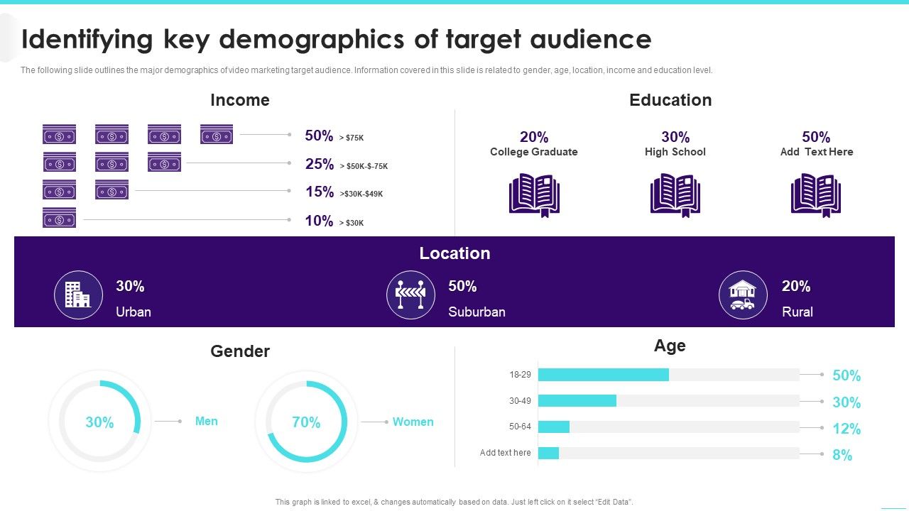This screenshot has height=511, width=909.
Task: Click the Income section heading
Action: click(x=240, y=100)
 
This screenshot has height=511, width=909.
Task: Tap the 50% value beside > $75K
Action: click(x=319, y=136)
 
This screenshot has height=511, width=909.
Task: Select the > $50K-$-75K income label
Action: click(x=364, y=166)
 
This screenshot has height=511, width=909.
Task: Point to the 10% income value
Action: click(x=319, y=221)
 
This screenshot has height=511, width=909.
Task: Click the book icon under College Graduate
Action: click(x=534, y=195)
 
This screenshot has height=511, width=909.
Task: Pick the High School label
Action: click(x=675, y=152)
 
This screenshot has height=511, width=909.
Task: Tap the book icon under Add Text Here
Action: click(x=816, y=195)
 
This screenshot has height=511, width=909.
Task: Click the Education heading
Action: click(x=670, y=100)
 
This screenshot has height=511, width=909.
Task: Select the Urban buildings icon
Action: click(x=78, y=295)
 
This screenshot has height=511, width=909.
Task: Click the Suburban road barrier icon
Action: click(x=410, y=295)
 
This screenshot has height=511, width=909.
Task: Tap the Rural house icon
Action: click(x=743, y=295)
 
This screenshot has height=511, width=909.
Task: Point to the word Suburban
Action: click(x=477, y=312)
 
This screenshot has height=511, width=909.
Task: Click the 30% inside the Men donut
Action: click(x=99, y=422)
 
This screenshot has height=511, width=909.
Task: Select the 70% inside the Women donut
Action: click(x=306, y=422)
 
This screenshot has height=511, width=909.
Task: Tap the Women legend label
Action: click(x=413, y=422)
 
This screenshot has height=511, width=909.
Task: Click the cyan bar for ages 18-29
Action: click(x=603, y=375)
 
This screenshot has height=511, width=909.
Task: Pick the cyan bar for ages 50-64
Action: click(x=554, y=427)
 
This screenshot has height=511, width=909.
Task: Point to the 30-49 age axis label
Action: click(x=520, y=401)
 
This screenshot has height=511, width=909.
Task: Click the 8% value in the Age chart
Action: click(x=842, y=455)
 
